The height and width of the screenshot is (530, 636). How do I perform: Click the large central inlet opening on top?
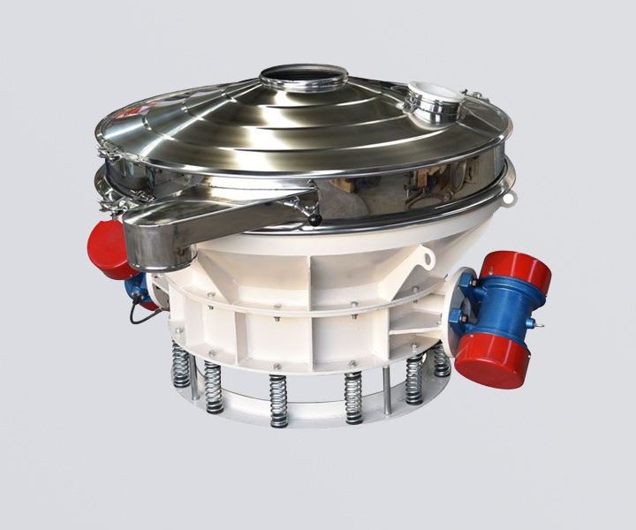click(x=303, y=76)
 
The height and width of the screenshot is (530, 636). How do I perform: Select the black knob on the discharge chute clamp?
click(x=315, y=220)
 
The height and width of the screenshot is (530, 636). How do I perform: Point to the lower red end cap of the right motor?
click(x=492, y=362)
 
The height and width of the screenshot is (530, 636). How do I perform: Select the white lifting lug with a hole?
click(x=427, y=260)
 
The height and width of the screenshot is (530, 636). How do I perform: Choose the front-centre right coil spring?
click(x=353, y=397)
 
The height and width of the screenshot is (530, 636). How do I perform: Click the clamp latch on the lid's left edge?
click(x=108, y=152)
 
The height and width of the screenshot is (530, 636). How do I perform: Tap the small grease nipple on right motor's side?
click(x=538, y=324)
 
